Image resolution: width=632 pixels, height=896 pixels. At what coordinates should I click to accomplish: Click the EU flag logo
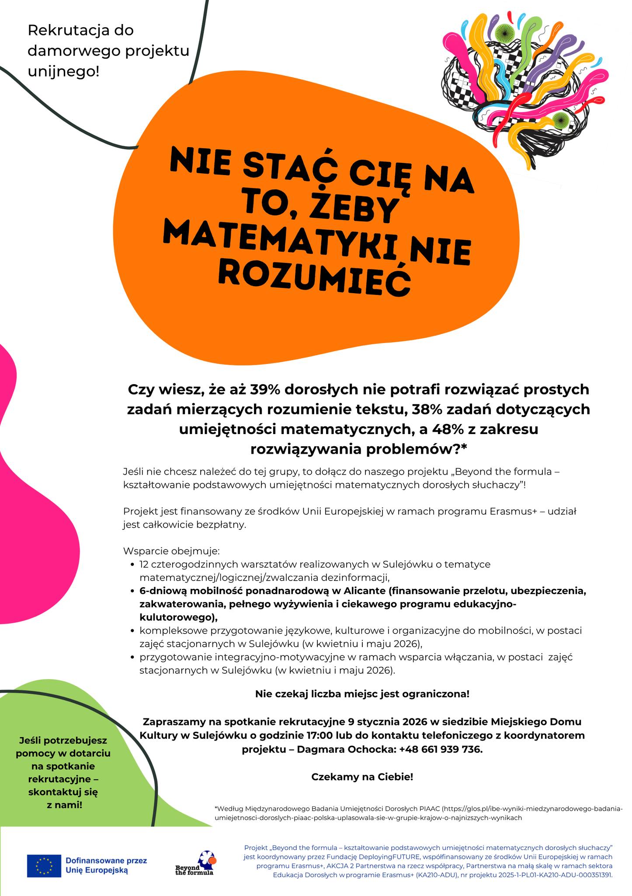pyautogui.click(x=44, y=865)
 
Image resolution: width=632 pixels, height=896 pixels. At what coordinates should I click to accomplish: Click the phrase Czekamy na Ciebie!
pyautogui.click(x=362, y=777)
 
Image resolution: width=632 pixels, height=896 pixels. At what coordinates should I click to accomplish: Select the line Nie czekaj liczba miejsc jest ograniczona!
pyautogui.click(x=362, y=694)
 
